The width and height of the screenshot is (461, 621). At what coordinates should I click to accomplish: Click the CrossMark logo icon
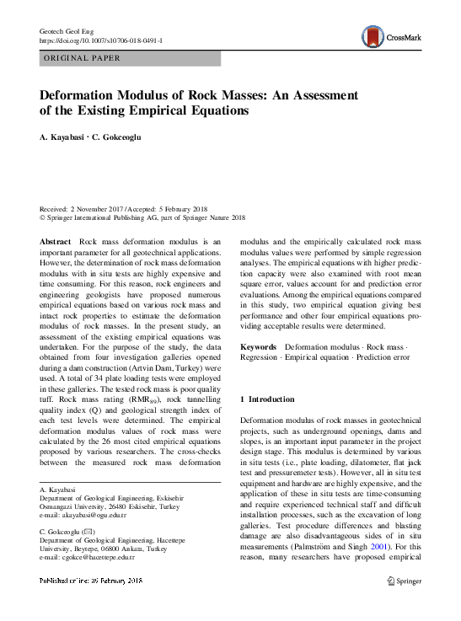[x=372, y=36]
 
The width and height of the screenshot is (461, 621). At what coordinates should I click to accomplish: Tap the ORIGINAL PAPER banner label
[x=82, y=58]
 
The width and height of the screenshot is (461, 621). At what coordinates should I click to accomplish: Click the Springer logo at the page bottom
[x=403, y=605]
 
